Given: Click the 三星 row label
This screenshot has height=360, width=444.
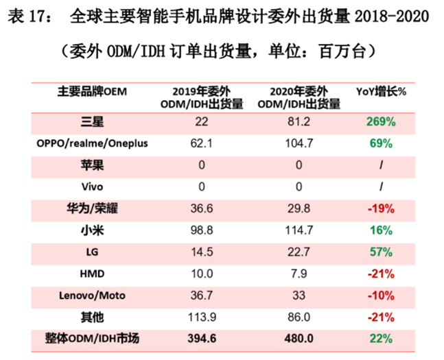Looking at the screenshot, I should (x=91, y=122).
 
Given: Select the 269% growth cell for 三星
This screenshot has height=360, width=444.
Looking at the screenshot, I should (x=379, y=122).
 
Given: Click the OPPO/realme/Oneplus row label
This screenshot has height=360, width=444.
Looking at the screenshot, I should (x=91, y=144).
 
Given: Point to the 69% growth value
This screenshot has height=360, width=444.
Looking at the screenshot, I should (x=379, y=144).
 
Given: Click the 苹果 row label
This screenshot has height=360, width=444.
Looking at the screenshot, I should (x=91, y=165).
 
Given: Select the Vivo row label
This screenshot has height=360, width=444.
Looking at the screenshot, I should (x=91, y=187).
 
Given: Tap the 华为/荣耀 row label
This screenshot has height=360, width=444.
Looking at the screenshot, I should (x=91, y=208).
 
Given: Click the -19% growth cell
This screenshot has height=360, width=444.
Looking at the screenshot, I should (x=379, y=208).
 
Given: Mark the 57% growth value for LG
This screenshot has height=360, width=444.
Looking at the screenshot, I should (x=379, y=252).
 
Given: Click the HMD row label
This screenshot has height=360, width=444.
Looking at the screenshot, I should (x=91, y=274).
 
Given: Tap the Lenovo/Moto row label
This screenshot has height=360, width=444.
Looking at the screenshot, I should (x=91, y=295).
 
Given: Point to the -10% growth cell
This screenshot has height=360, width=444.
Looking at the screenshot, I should (x=379, y=295).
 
